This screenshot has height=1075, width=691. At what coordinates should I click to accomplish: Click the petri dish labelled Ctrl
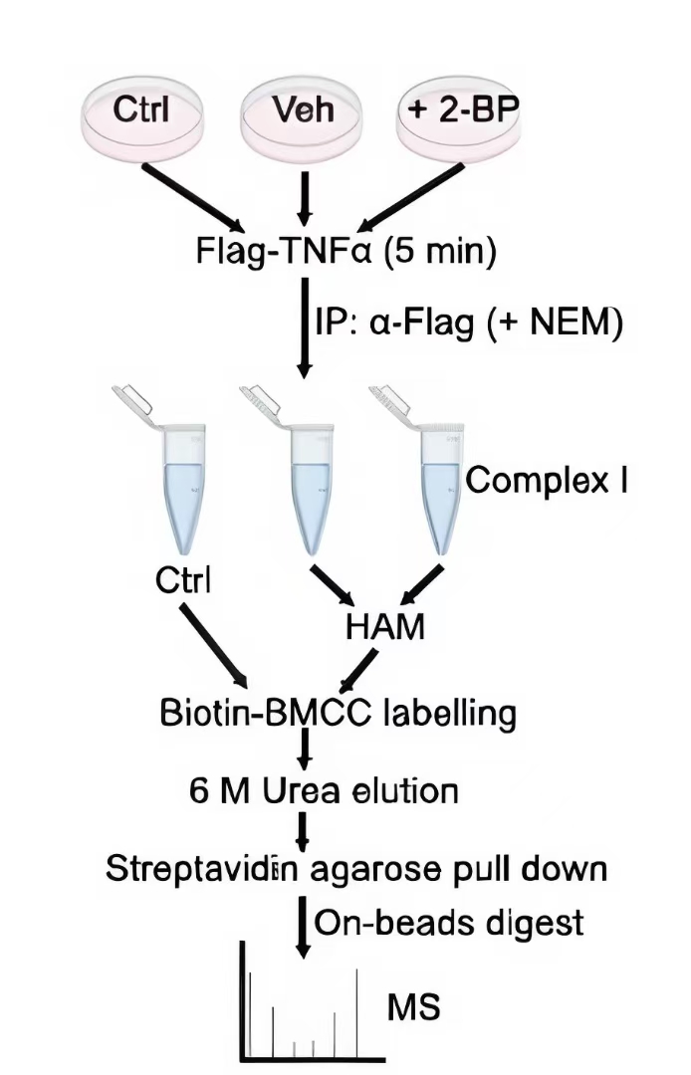[x=141, y=111]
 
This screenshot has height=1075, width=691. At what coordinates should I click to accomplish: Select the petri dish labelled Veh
[x=303, y=111]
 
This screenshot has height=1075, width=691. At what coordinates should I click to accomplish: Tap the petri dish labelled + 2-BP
[x=459, y=111]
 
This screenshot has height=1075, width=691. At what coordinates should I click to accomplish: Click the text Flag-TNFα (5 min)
[x=345, y=249]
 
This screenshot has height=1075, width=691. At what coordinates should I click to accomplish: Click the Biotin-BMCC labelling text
[x=338, y=713]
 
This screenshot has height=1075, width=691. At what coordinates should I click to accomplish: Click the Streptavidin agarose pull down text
[x=355, y=868]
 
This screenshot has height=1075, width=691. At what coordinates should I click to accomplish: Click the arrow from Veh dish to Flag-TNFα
[x=306, y=199]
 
